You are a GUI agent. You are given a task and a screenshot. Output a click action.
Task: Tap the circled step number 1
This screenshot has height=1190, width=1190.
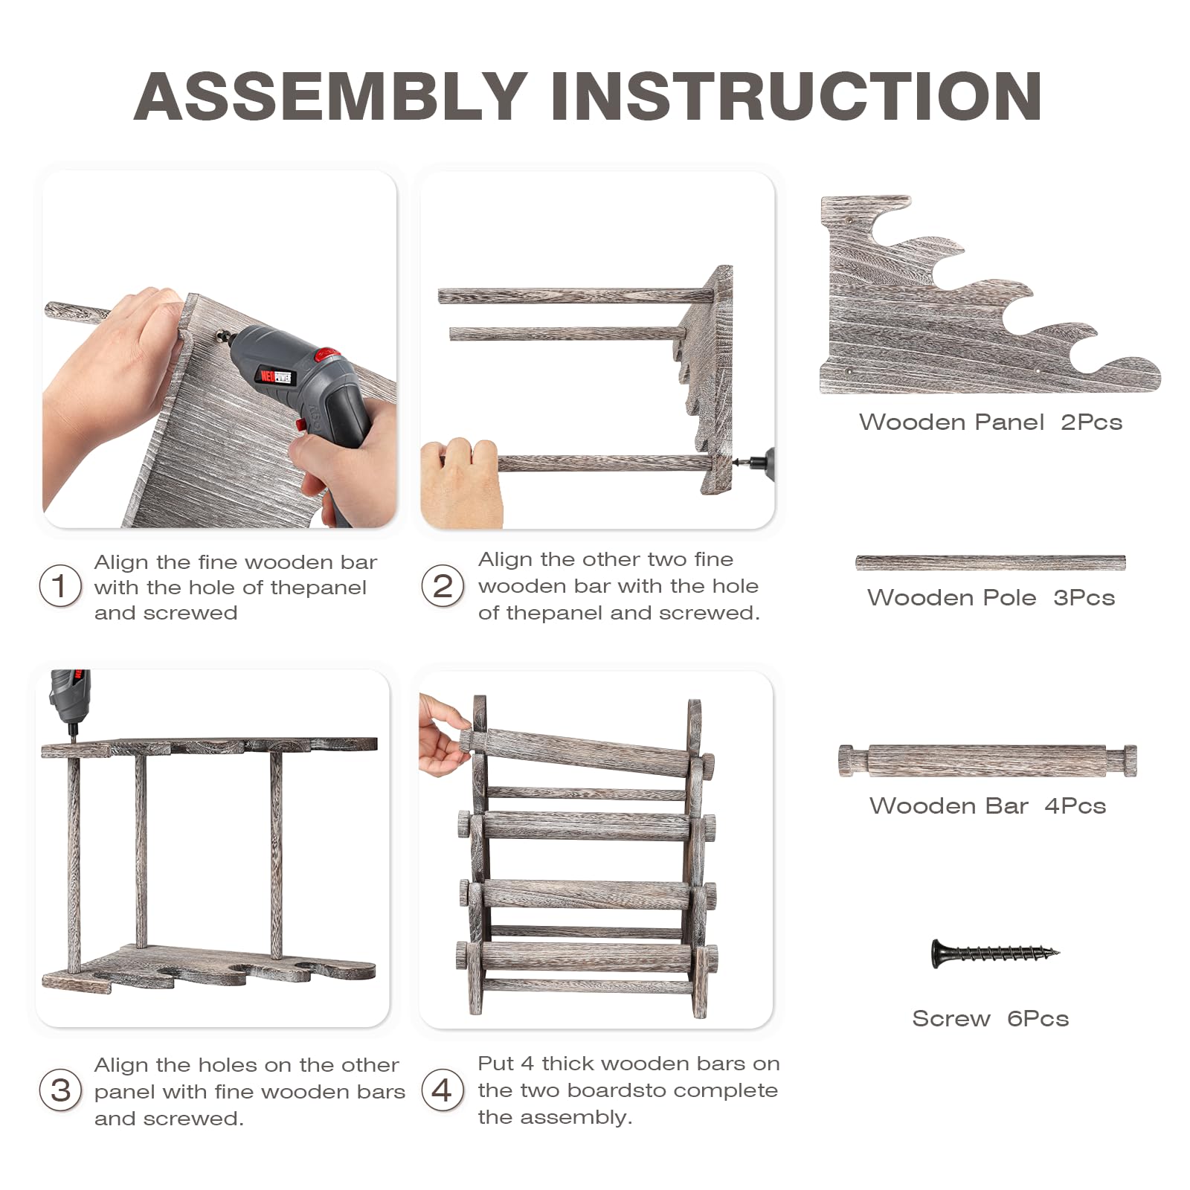coord(60,586)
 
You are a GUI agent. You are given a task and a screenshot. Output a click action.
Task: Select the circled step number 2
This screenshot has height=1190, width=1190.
coord(443,586)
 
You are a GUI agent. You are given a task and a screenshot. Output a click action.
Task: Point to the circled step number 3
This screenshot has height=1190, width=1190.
coord(60,1090)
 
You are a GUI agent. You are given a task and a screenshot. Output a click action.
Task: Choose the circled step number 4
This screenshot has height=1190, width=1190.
coord(443,1090)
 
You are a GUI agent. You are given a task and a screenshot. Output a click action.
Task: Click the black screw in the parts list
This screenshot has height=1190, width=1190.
coord(995,953)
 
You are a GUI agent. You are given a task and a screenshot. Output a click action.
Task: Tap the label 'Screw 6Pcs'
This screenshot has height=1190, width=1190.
coord(990,1018)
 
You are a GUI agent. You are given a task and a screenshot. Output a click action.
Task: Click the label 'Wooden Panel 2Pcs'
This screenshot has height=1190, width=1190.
coord(990,422)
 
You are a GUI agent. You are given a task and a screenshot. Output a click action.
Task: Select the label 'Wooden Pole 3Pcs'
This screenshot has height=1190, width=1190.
coord(991,597)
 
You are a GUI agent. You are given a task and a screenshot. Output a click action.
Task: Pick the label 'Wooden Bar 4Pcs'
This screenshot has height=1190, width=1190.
coord(988,805)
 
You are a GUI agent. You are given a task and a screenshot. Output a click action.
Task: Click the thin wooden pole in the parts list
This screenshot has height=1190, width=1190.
coord(990,562)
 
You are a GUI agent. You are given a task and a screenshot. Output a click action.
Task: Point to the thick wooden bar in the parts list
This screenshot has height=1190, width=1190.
coord(988,760)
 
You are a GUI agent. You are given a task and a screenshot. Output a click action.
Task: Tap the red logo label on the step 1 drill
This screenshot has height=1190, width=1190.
coord(275,375)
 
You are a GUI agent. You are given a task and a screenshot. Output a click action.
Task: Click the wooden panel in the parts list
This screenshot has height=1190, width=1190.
coord(989,295)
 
